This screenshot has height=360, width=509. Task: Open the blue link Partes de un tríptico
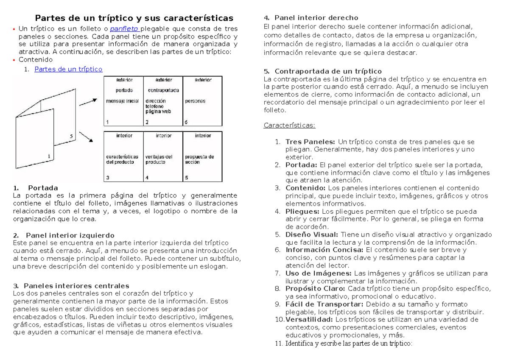pos(68,69)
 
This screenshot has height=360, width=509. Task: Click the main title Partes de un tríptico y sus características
pos(134,18)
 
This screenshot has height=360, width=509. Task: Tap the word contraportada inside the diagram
pos(163,90)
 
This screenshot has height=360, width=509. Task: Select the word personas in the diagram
pos(195,101)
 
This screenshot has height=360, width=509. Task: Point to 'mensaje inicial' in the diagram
pos(122,101)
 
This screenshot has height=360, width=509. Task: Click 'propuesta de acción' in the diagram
pos(199,159)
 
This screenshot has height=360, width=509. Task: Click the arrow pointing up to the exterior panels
pos(88,101)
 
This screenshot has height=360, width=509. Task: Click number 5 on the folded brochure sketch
pos(72,136)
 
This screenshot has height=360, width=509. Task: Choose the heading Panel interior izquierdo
pos(70,235)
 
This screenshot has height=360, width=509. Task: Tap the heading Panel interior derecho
pos(316,18)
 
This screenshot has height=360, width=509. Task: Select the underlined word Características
pos(289,126)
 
